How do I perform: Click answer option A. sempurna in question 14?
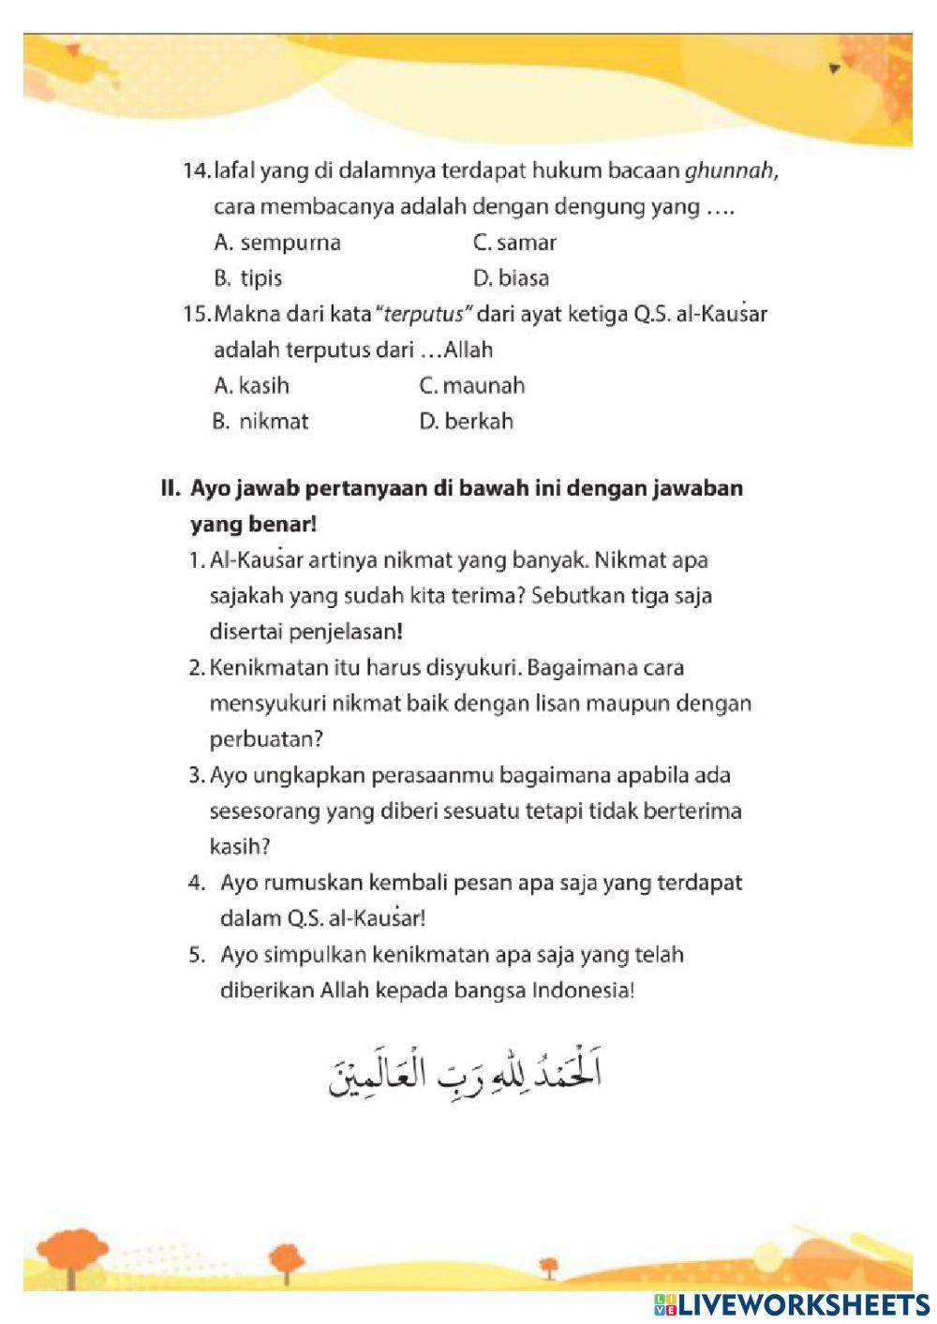[277, 243]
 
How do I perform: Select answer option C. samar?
[514, 243]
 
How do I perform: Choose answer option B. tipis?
[247, 278]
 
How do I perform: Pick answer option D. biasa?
[511, 278]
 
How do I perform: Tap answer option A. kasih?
[251, 385]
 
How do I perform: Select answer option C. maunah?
[471, 385]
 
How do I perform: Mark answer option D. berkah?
[466, 421]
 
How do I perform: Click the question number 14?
[197, 171]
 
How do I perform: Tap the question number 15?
[197, 314]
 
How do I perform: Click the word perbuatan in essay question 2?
[266, 739]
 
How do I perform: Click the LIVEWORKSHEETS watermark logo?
[791, 1305]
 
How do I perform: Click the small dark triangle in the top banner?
[834, 68]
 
